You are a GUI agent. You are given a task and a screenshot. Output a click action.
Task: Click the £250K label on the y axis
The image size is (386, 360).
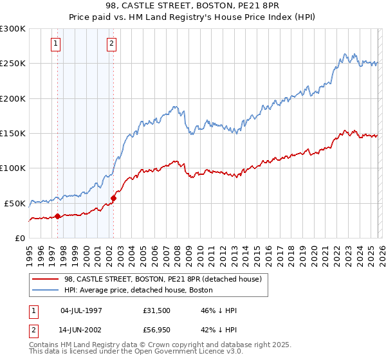[13, 64]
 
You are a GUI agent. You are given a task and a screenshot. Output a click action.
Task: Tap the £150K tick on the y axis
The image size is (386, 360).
[13, 133]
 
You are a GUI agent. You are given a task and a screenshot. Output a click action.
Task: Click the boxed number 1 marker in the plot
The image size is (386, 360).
[56, 44]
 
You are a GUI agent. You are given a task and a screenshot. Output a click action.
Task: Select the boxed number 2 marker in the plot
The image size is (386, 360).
[111, 44]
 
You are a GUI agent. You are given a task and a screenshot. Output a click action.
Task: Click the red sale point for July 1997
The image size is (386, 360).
[58, 216]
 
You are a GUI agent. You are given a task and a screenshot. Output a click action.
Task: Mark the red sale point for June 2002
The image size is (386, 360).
[114, 198]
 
